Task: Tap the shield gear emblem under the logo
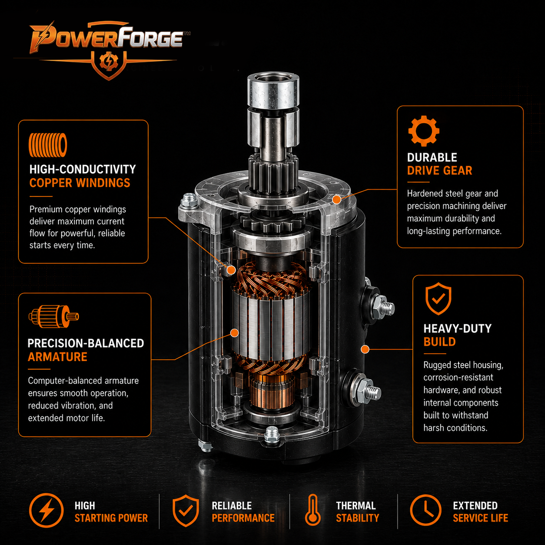pyautogui.click(x=109, y=63)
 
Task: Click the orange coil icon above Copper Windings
pyautogui.click(x=48, y=145)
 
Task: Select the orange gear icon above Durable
pyautogui.click(x=424, y=131)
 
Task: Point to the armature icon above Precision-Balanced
pyautogui.click(x=54, y=316)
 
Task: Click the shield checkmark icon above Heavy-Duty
pyautogui.click(x=438, y=299)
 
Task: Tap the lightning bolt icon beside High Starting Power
pyautogui.click(x=47, y=510)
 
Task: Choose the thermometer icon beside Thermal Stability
pyautogui.click(x=313, y=510)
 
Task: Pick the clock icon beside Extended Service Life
pyautogui.click(x=425, y=510)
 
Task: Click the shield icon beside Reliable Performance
pyautogui.click(x=186, y=511)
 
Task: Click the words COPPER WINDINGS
pyautogui.click(x=80, y=183)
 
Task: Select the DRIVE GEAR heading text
pyautogui.click(x=439, y=170)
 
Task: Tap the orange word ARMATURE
pyautogui.click(x=57, y=357)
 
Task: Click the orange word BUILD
pyautogui.click(x=439, y=342)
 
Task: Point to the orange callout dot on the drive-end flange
pyautogui.click(x=336, y=199)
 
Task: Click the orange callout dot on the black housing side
pyautogui.click(x=365, y=349)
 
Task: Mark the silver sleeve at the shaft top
pyautogui.click(x=273, y=90)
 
